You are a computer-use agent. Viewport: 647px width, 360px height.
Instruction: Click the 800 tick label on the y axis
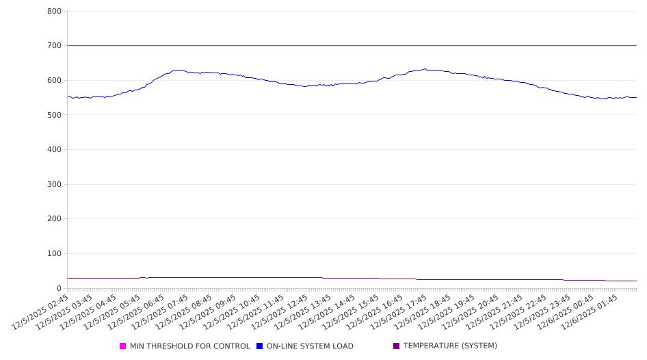55,12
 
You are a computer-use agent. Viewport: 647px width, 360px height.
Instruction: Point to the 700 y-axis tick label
55,46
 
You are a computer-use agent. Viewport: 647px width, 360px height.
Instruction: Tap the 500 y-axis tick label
55,115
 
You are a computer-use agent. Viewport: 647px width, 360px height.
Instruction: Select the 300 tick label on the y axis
55,184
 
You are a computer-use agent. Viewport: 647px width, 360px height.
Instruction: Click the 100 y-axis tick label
55,254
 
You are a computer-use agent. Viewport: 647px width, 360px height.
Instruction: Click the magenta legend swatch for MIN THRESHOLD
123,346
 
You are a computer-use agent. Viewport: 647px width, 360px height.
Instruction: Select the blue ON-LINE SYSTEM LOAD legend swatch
260,346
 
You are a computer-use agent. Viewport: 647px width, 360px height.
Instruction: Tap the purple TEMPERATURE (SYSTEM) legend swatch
397,346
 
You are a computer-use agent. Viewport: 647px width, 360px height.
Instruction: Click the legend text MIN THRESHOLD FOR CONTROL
189,346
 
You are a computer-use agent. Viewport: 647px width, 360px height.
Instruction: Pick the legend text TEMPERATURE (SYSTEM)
450,346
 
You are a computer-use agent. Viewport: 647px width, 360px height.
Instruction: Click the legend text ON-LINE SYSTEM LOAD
310,346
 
